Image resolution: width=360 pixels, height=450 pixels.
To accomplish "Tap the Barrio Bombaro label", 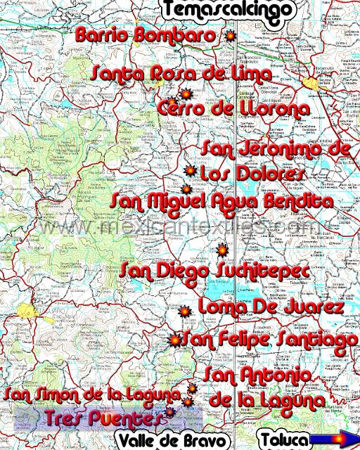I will [x=146, y=34].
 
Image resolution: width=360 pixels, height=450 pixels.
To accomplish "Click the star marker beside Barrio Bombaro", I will [x=228, y=35].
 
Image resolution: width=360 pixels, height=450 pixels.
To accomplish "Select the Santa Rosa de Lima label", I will [x=181, y=73].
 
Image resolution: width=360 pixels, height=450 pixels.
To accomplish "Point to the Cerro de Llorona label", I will [x=233, y=109].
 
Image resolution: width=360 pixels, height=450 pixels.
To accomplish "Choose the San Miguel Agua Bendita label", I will [x=221, y=202].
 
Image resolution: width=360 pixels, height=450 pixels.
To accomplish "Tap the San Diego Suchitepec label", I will [x=213, y=271].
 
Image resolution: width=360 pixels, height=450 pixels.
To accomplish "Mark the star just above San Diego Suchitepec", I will [x=221, y=250].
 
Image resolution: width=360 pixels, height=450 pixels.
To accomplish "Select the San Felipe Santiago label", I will [x=269, y=340].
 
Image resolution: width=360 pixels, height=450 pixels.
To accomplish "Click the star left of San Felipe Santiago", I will [x=174, y=340].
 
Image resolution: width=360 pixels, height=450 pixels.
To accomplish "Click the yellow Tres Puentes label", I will [x=105, y=419].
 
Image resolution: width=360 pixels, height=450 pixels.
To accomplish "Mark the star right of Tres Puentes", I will [x=169, y=414].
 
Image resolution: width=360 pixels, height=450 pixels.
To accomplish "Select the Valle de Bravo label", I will [x=173, y=441].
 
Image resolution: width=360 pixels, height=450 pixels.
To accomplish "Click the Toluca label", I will [x=283, y=441].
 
